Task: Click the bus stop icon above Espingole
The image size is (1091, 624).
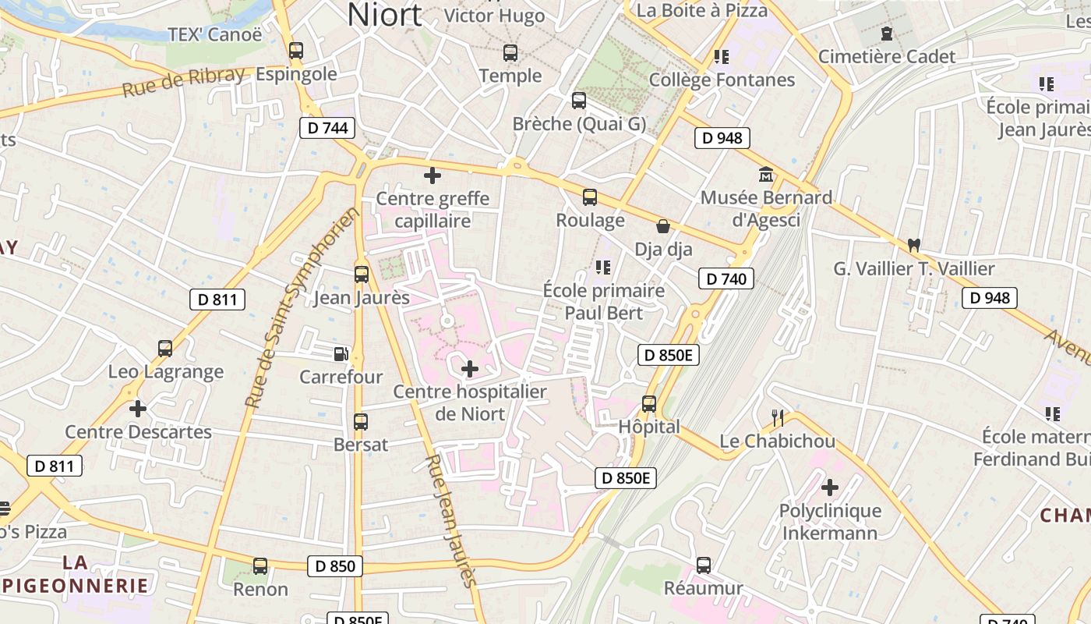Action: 295,51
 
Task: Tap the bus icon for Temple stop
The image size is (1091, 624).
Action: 510,53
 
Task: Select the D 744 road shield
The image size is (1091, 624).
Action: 327,128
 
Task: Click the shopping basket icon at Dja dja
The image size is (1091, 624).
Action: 663,226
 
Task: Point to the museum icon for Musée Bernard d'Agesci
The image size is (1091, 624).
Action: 765,175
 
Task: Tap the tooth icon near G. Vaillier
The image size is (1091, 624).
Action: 914,245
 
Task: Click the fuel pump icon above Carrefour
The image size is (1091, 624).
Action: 341,354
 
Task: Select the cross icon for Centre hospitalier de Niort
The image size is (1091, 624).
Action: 470,368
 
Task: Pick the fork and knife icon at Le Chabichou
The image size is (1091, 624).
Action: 777,417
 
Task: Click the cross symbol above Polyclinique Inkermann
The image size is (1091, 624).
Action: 830,488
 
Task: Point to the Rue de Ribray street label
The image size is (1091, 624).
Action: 183,82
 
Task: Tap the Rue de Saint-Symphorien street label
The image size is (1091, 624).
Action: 302,307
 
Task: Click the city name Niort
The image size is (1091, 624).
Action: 385,15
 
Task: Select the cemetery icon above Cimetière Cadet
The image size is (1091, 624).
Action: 886,34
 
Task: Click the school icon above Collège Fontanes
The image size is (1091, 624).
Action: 722,56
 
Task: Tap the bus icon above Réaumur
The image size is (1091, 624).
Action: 704,565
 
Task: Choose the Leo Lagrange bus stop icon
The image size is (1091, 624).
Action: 165,349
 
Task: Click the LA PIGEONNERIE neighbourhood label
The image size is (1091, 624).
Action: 75,574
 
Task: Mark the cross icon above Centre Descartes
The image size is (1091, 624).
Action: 138,408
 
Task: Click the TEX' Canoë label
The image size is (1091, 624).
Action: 215,35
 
